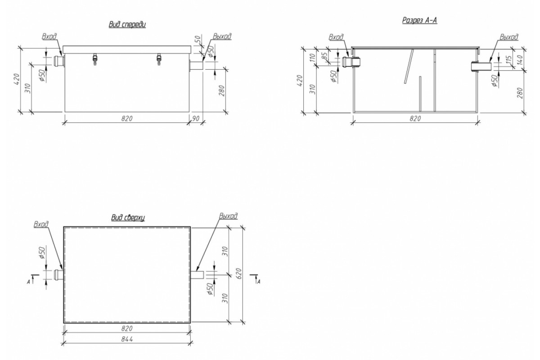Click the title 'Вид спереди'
click(x=127, y=25)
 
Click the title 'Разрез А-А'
click(x=419, y=20)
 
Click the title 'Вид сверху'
click(x=128, y=217)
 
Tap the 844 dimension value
click(x=127, y=339)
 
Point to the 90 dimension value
click(x=196, y=119)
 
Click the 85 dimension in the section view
click(x=325, y=56)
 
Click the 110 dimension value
click(x=313, y=58)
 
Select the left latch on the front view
click(x=95, y=59)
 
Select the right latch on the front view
click(x=159, y=59)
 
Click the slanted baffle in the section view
click(x=409, y=66)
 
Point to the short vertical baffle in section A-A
click(x=420, y=94)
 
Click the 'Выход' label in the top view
click(x=228, y=216)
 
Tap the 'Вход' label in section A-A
click(x=336, y=37)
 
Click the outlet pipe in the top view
click(x=198, y=275)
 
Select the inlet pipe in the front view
click(x=59, y=61)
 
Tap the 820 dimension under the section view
click(x=415, y=119)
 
